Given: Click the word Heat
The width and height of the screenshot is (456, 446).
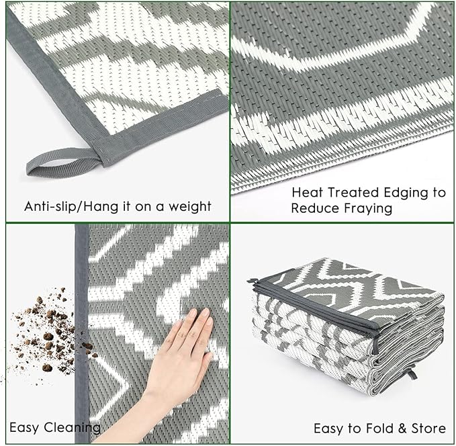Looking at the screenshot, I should [306, 193].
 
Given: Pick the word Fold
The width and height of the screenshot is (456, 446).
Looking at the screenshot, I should [374, 428].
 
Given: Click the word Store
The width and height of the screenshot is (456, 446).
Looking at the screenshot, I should [428, 428].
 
